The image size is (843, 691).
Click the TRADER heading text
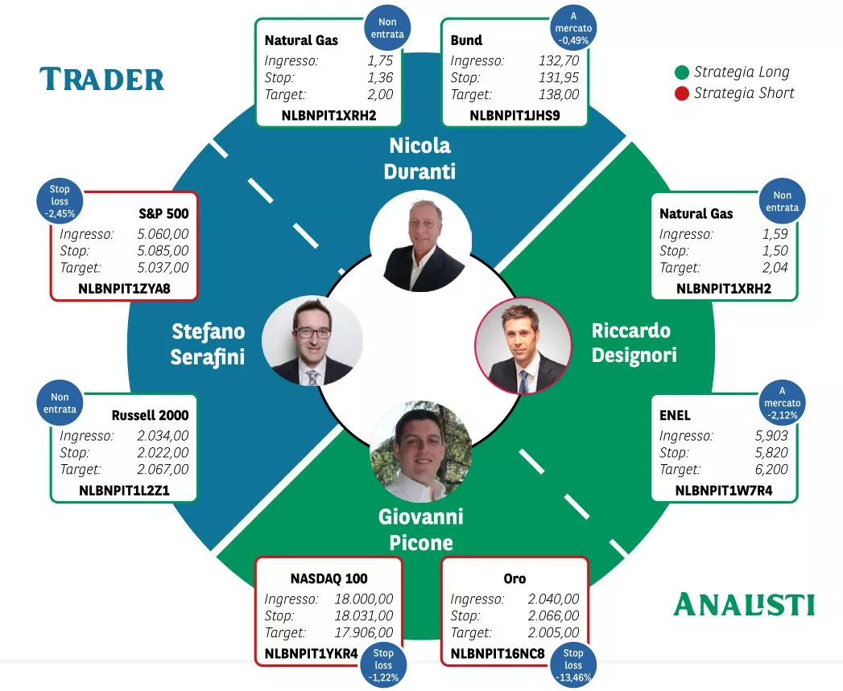tap(101, 80)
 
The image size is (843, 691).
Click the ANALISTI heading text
tap(743, 604)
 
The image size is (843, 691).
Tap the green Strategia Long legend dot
tap(682, 72)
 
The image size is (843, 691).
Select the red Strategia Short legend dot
tap(682, 93)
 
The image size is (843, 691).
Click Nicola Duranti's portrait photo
tap(420, 241)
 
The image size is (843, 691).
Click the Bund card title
tap(466, 40)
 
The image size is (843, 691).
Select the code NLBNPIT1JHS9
tap(514, 116)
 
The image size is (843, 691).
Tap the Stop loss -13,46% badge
tap(572, 665)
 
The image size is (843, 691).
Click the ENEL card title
tap(675, 416)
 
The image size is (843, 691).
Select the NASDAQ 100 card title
tap(329, 578)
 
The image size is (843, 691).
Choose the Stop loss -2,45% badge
tap(59, 202)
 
